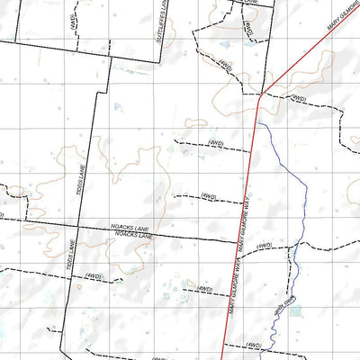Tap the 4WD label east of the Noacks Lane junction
pyautogui.click(x=264, y=246)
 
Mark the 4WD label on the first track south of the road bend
pyautogui.click(x=215, y=142)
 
